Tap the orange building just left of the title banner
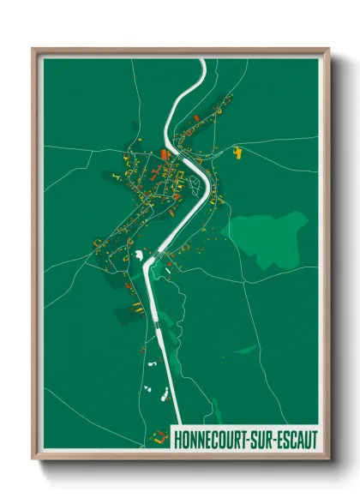point(158,436)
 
